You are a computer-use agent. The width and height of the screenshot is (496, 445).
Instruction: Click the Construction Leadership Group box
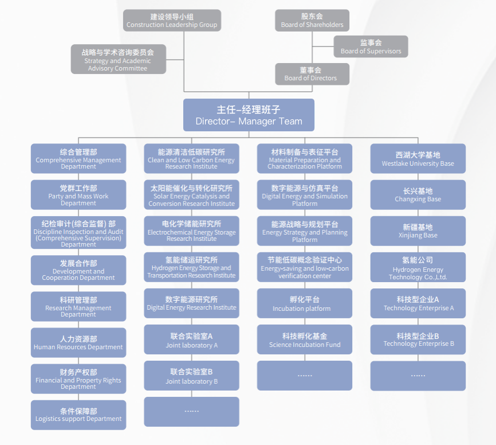click(172, 20)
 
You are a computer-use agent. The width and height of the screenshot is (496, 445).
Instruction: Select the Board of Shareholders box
click(312, 20)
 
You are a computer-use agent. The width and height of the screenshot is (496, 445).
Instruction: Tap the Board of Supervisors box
click(371, 46)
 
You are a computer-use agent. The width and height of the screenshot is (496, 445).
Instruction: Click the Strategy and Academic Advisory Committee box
click(118, 60)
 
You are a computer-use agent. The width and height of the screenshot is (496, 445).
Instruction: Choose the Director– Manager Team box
click(249, 115)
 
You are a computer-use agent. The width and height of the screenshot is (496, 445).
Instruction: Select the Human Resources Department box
click(78, 342)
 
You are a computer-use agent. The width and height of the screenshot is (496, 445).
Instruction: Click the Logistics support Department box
click(78, 415)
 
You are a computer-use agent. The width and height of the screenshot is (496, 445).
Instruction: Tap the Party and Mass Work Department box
click(78, 195)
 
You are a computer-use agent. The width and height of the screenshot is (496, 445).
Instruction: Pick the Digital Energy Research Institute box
click(191, 303)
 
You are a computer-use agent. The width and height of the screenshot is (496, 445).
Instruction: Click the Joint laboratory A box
click(191, 340)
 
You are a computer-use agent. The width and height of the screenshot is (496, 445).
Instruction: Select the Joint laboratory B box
click(191, 376)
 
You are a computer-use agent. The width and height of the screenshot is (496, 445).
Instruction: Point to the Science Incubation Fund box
click(305, 340)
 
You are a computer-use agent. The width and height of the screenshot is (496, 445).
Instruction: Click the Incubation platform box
click(305, 303)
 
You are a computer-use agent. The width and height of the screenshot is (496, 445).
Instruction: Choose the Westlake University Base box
click(418, 159)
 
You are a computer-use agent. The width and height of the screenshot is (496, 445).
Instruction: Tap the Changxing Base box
click(418, 195)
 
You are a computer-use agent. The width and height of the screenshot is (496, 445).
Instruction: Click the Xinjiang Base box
click(418, 231)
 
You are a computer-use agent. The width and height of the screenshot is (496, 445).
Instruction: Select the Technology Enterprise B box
click(418, 340)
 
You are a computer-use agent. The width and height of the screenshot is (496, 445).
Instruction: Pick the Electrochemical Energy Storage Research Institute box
click(191, 231)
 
